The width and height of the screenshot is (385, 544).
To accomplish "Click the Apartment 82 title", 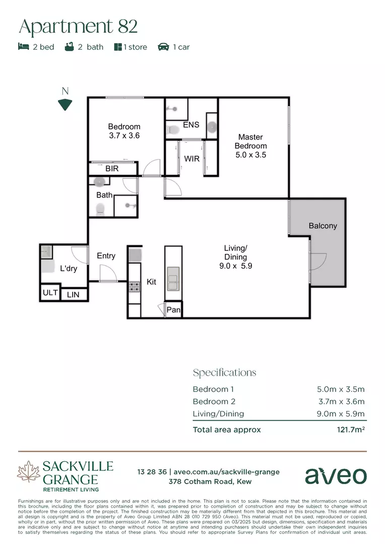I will pyautogui.click(x=78, y=26).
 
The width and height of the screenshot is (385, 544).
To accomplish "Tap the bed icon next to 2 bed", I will pyautogui.click(x=23, y=47).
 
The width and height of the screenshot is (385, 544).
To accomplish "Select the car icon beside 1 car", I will pyautogui.click(x=163, y=47).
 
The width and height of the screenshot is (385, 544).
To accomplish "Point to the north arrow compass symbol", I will pyautogui.click(x=65, y=104).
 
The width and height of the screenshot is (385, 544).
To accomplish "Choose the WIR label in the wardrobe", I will pyautogui.click(x=191, y=159).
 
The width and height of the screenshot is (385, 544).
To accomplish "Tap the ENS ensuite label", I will pyautogui.click(x=191, y=125).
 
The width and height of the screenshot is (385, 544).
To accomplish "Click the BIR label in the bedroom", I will pyautogui.click(x=112, y=169).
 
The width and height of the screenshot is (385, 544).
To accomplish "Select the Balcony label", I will pyautogui.click(x=323, y=226).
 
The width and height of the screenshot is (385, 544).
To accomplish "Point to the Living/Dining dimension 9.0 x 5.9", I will pyautogui.click(x=235, y=266).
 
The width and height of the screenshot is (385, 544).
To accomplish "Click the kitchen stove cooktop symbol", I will pyautogui.click(x=134, y=287).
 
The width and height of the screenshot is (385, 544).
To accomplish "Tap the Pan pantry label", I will pyautogui.click(x=173, y=310).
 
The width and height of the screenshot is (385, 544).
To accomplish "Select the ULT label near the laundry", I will pyautogui.click(x=50, y=293).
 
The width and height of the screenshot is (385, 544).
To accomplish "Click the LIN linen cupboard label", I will pyautogui.click(x=73, y=295).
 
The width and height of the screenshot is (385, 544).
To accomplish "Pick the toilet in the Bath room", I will pyautogui.click(x=100, y=209).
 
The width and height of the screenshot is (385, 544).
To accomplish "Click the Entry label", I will pyautogui.click(x=106, y=256).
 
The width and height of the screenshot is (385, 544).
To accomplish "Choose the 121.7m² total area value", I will pyautogui.click(x=351, y=430).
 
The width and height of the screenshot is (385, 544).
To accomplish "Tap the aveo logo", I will pyautogui.click(x=336, y=475).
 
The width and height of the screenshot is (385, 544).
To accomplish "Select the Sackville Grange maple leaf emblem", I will pyautogui.click(x=29, y=472).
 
